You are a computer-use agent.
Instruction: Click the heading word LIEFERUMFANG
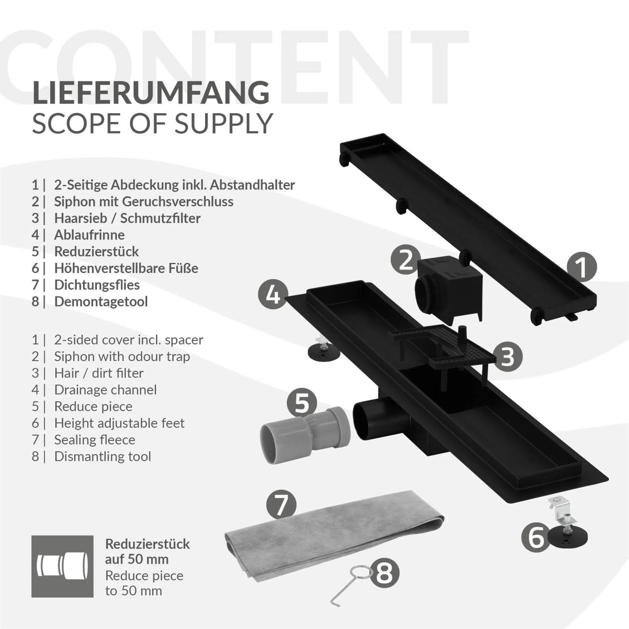pos(151,93)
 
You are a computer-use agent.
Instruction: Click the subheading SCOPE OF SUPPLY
pos(152,124)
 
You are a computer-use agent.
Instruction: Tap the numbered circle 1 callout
pos(582,267)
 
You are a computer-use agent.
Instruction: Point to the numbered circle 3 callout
pos(507,357)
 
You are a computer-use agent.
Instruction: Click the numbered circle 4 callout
pos(273,294)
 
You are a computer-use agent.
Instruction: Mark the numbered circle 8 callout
pos(385,573)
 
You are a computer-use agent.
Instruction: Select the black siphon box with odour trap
pos(449,289)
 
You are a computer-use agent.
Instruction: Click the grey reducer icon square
pos(62,566)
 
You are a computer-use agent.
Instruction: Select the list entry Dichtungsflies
pos(97,285)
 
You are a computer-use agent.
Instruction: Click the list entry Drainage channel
pos(105,390)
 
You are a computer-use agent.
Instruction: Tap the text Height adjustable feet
pos(119,423)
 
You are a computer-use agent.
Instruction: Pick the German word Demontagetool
pos(101,302)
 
